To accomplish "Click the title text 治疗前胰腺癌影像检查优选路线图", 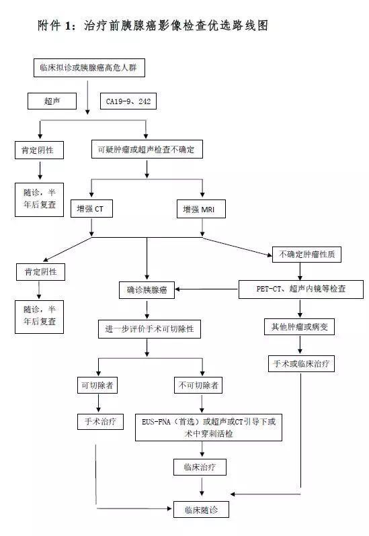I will point(176,26).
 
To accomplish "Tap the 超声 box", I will point(52,101).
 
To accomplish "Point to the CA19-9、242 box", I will point(128,101).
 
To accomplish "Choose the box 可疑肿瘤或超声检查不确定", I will point(146,150).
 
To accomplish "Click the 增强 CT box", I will point(91,209).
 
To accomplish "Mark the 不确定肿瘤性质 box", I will point(301,255).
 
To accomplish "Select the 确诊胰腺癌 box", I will point(147,290).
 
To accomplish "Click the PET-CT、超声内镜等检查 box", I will point(301,289).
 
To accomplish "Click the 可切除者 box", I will point(98,386).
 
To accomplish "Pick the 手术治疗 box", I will point(98,421).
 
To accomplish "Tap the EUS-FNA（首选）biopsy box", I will point(209,427).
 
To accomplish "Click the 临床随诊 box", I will point(202,510).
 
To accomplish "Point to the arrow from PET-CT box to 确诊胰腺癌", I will point(208,290).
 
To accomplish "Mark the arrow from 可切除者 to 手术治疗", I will point(98,403).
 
